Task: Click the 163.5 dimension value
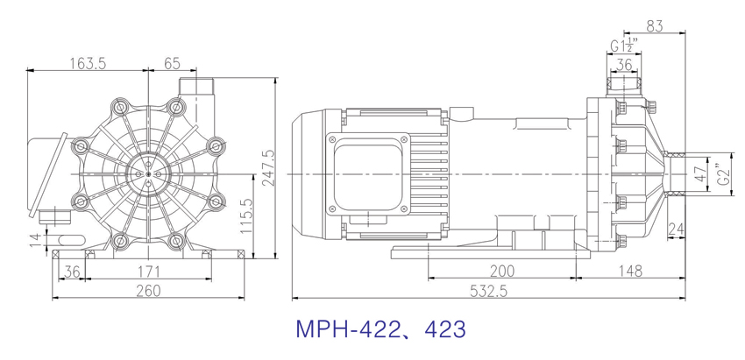click(x=88, y=63)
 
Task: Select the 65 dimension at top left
click(x=172, y=63)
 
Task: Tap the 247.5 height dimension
click(x=267, y=168)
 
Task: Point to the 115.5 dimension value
click(x=245, y=215)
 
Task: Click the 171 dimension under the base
click(x=148, y=272)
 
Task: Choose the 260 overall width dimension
click(x=148, y=290)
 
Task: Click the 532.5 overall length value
click(x=488, y=291)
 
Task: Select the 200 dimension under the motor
click(x=501, y=271)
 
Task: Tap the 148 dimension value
click(x=630, y=271)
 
